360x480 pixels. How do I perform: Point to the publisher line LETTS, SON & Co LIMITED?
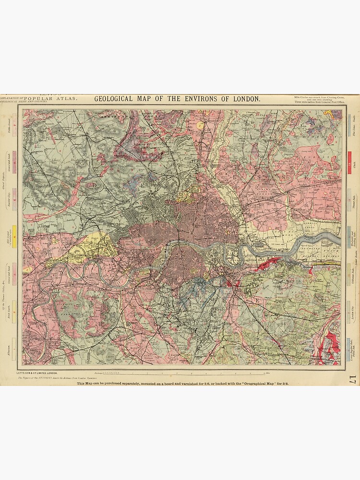point(37,373)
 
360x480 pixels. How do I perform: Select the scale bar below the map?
point(192,372)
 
